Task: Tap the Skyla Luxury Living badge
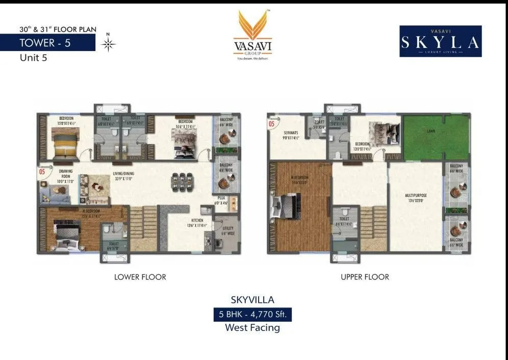click(x=440, y=41)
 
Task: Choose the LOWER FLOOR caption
click(x=140, y=277)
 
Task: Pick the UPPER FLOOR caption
click(x=365, y=277)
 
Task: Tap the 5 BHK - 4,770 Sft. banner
click(x=253, y=314)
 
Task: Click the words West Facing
click(x=252, y=328)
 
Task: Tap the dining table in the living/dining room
click(x=183, y=182)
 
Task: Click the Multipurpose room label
click(x=415, y=196)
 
